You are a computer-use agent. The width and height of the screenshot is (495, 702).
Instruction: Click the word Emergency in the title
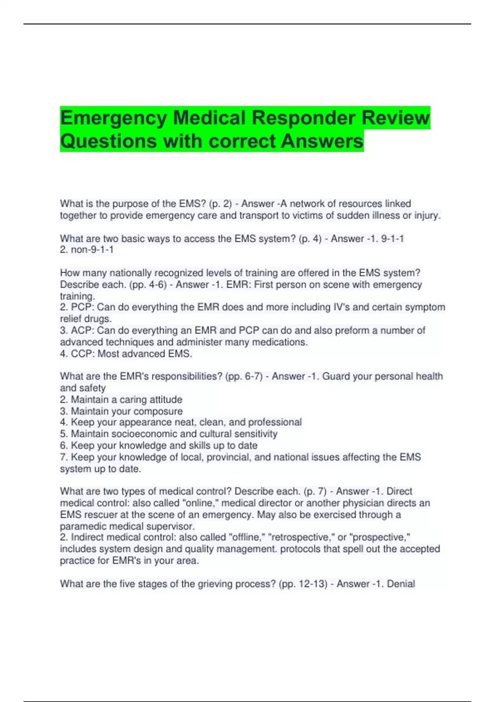[x=113, y=118]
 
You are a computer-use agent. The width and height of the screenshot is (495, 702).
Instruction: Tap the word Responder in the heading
[x=304, y=118]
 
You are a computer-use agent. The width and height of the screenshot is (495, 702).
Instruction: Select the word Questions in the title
[x=108, y=141]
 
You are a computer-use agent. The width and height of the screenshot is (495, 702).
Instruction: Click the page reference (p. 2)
[x=220, y=204]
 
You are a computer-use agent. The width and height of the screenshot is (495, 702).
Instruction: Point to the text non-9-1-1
[x=92, y=250]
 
